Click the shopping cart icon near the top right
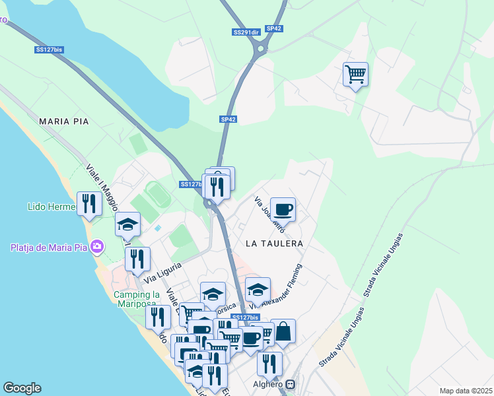(x=355, y=74)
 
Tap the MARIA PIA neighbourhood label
(x=63, y=121)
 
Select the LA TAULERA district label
(x=274, y=244)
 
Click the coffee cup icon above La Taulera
(x=283, y=209)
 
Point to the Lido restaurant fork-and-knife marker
(x=88, y=203)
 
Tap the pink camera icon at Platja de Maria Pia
(x=98, y=247)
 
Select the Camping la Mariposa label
(x=137, y=299)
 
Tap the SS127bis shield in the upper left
(x=49, y=49)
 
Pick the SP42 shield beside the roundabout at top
(x=274, y=28)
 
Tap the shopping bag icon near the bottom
(x=283, y=331)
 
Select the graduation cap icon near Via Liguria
(x=127, y=224)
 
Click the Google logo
(x=22, y=388)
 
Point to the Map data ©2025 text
(x=465, y=391)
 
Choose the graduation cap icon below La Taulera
(x=258, y=288)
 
